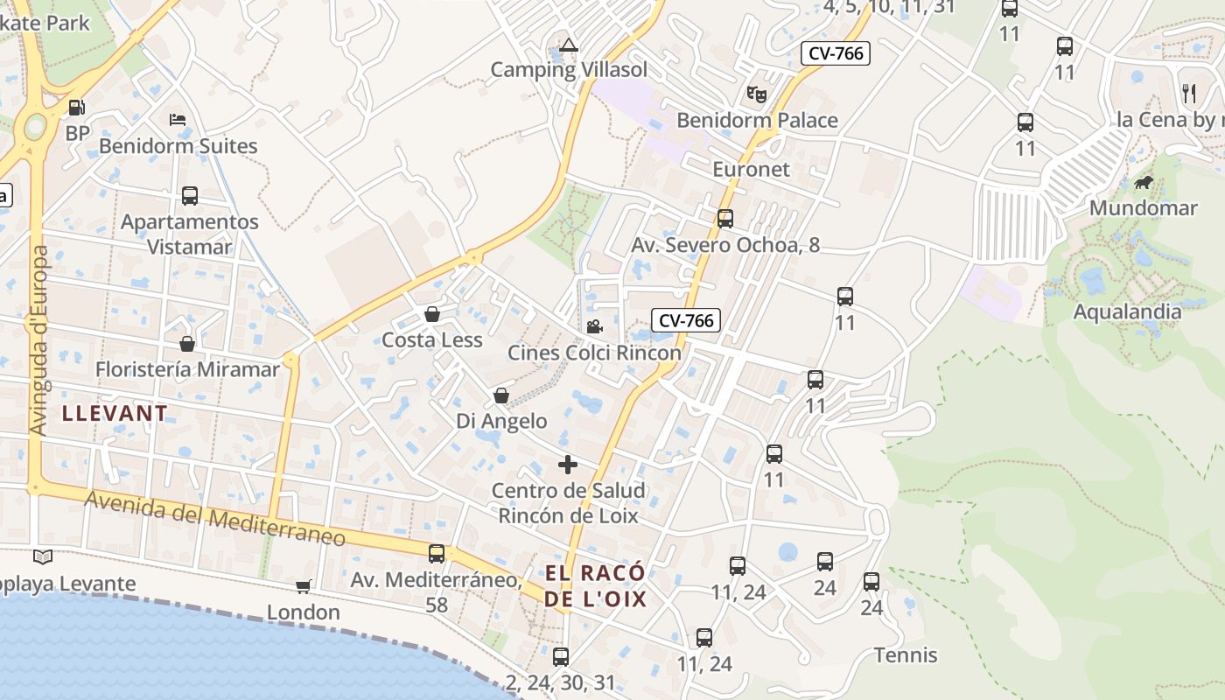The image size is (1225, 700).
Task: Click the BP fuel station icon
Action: point(77,108)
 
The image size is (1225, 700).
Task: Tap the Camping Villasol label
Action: point(569,70)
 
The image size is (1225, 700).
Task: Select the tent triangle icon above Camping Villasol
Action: point(569,45)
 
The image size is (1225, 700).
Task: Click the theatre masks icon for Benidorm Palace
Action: point(757,92)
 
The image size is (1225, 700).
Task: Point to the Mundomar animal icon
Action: point(1143,183)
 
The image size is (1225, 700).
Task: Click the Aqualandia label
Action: point(1127,311)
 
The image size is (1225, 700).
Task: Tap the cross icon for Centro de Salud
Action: point(568,465)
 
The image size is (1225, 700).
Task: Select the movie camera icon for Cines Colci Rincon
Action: point(594,327)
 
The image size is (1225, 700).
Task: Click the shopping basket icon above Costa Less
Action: point(431,314)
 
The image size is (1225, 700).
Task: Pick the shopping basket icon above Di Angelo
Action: point(501,395)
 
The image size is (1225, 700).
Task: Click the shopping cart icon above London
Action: point(303,586)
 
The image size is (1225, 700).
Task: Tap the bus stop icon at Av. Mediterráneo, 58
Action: point(436,553)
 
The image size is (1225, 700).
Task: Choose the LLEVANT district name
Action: point(115,414)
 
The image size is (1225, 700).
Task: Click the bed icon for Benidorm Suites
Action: point(178,119)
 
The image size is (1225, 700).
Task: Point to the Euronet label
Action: point(751,169)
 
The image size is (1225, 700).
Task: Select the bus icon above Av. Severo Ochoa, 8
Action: point(725,219)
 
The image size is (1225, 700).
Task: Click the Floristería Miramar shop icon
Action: point(186,344)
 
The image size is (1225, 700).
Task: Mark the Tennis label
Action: point(906,655)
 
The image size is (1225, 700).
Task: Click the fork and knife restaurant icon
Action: point(1188,93)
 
